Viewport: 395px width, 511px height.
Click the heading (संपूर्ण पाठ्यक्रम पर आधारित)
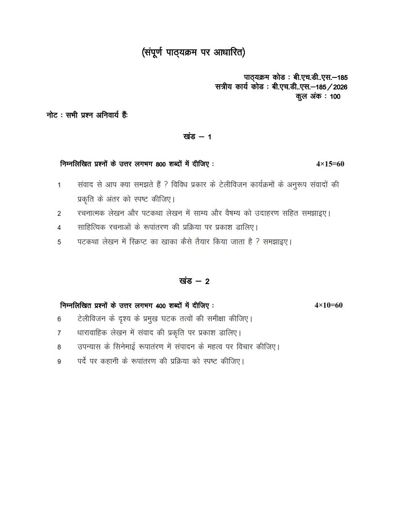(197, 52)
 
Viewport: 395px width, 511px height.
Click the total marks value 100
(335, 96)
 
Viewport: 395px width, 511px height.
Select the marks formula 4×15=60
(330, 164)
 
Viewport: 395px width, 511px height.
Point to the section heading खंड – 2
(193, 281)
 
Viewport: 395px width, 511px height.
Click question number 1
(59, 185)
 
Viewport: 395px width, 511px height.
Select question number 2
(59, 213)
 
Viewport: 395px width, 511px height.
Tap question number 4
(59, 227)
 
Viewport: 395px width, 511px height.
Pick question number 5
(59, 242)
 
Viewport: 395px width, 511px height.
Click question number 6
(59, 319)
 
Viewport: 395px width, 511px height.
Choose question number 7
(59, 333)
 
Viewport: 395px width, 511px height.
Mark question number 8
(59, 347)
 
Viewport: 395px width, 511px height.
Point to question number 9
(59, 361)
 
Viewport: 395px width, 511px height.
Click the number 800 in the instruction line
(161, 165)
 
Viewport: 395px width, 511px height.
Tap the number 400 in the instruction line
(161, 305)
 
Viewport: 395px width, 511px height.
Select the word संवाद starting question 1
(87, 184)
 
